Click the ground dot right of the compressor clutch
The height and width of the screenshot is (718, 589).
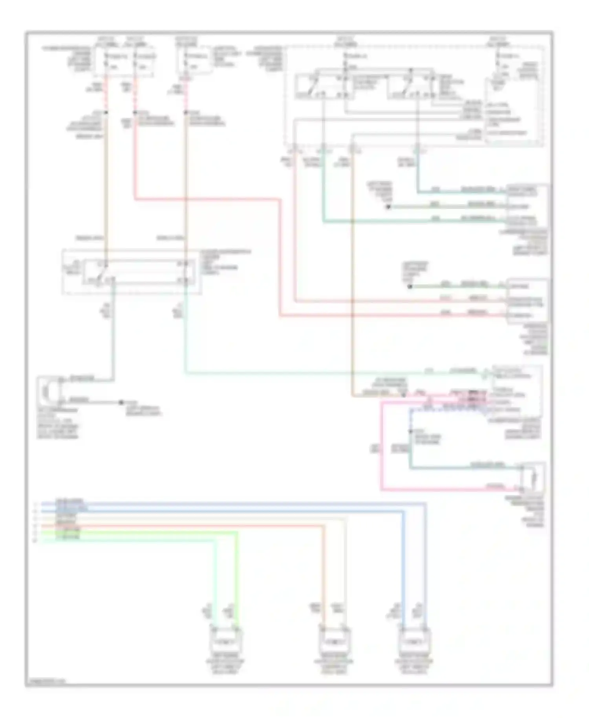121,402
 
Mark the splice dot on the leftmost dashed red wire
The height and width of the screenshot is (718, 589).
106,113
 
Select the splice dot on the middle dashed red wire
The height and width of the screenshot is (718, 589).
135,113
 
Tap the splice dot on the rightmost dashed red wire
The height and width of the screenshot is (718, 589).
185,113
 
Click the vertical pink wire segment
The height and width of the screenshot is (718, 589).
381,448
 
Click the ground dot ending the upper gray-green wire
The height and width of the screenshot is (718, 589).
388,207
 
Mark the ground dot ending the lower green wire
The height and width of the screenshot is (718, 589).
410,286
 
